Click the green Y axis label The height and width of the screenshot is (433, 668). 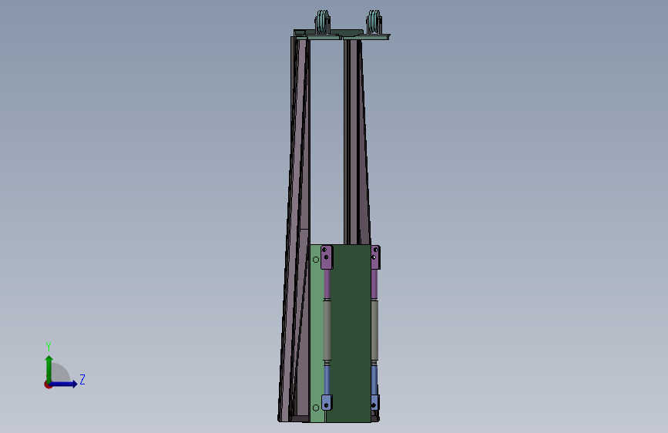click(49, 347)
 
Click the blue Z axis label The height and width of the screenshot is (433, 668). click(82, 379)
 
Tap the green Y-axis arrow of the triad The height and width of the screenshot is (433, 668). click(49, 370)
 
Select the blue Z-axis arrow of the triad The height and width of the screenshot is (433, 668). click(62, 384)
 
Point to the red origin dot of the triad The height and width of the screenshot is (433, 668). click(48, 384)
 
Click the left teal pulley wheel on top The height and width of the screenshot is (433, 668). click(323, 22)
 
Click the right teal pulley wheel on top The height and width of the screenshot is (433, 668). click(374, 22)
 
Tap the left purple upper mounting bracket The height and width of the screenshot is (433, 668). click(327, 257)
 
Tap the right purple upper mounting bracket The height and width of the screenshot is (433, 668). click(375, 257)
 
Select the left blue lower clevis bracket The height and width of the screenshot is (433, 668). click(327, 402)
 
